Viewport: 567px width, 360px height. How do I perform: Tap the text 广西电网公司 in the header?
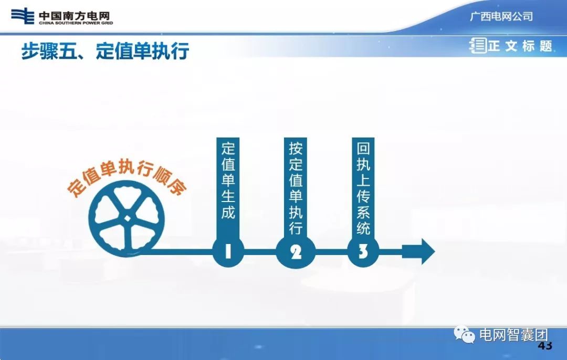501,16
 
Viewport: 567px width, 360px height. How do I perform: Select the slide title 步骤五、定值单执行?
105,51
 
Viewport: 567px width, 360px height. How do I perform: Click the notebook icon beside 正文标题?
478,46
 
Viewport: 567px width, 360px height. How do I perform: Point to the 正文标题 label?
520,46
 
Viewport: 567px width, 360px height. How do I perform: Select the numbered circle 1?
228,252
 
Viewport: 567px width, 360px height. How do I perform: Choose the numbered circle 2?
296,252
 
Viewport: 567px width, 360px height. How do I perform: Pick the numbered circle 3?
363,252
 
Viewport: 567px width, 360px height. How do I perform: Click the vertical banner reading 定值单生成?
228,181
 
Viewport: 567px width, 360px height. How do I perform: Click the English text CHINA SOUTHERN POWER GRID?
76,23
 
